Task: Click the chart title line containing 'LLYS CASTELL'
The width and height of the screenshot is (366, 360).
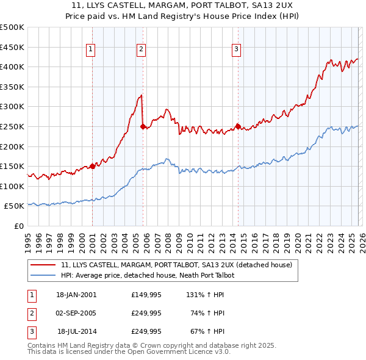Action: [182, 5]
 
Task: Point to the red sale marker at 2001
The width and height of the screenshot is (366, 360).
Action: [92, 165]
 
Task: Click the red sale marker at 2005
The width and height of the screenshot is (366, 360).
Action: [143, 126]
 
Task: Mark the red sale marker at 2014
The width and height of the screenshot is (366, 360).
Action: [237, 126]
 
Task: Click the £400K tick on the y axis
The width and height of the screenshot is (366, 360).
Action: [12, 67]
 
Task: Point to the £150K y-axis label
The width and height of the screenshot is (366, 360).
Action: [12, 167]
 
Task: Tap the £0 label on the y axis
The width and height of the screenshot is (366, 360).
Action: [18, 226]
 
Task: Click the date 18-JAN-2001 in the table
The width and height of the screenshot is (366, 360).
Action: [76, 295]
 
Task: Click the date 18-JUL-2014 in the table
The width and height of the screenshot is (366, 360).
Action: [77, 331]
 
